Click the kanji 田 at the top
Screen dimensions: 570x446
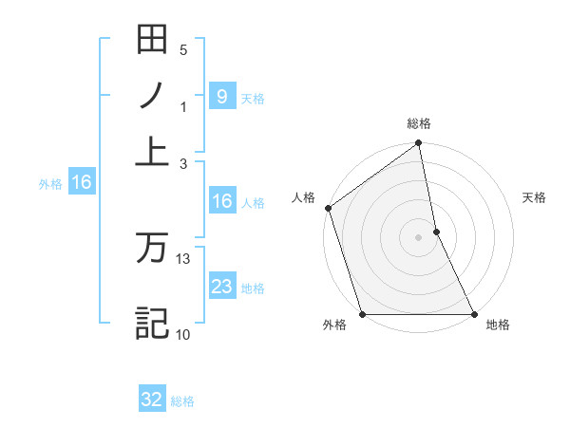[152, 40]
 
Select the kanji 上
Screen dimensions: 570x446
[152, 151]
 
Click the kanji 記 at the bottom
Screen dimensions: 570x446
[152, 323]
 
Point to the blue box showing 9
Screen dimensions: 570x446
[221, 96]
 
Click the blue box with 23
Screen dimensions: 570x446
[221, 287]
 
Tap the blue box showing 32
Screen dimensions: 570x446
[152, 400]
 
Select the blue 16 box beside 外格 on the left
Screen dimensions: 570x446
[81, 183]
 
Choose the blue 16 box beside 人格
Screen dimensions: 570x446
[221, 201]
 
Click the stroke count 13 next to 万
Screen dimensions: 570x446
[183, 258]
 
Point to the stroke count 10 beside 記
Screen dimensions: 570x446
[183, 333]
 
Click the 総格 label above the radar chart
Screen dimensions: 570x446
[419, 123]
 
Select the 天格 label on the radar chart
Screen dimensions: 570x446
[535, 197]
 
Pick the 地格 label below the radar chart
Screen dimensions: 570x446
[498, 325]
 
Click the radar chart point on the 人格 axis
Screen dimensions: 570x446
[328, 208]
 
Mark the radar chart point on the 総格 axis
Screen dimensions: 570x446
[419, 144]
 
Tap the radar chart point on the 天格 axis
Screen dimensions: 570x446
[436, 232]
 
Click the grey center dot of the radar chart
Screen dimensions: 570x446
[419, 237]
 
